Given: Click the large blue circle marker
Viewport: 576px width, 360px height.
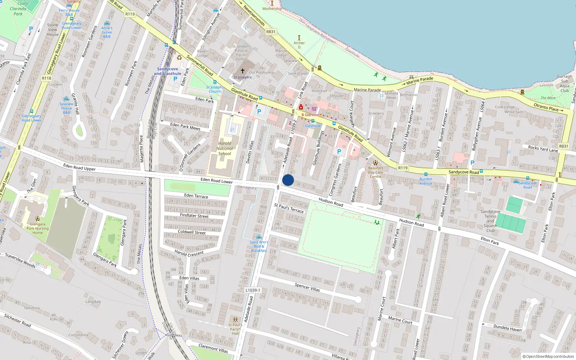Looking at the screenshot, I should tap(288, 180).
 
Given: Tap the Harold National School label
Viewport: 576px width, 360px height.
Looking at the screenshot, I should tap(225, 148).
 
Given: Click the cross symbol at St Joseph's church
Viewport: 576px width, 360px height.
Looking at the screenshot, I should tap(242, 71).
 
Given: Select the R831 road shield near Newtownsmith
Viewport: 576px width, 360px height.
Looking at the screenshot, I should tap(271, 32).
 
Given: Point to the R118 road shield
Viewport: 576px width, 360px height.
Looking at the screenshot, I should tap(46, 78).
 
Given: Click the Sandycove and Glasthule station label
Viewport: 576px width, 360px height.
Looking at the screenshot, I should tap(167, 71).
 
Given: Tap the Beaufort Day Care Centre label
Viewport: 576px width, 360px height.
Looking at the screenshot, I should tap(375, 172).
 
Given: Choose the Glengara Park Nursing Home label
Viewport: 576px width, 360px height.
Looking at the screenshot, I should tap(37, 228).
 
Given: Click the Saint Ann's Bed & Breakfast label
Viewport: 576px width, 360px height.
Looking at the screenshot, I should tap(259, 246).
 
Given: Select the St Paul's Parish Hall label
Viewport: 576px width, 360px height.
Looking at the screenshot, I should tap(235, 329).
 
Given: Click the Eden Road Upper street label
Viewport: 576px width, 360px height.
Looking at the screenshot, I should tap(79, 167).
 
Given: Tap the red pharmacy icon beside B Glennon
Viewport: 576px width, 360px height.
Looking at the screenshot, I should tap(301, 107).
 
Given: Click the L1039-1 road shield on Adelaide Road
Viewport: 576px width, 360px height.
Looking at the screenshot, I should tap(253, 290).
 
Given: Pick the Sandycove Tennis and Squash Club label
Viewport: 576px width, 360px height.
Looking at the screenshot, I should tap(490, 221).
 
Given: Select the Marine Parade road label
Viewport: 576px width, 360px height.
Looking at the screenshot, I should tap(367, 90).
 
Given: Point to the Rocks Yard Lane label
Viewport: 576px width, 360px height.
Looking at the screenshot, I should tap(543, 148).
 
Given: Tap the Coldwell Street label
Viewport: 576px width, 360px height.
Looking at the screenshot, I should tap(192, 232).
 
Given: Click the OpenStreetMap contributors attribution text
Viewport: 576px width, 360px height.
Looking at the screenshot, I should tap(548, 357).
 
